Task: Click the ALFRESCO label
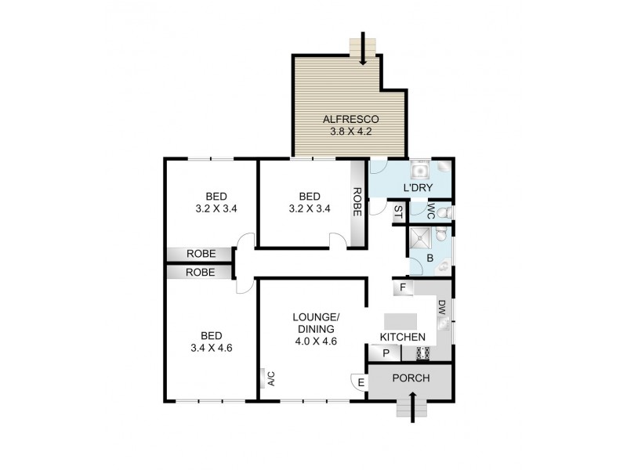tap(350, 119)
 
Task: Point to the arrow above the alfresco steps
tap(363, 43)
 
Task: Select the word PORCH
tap(411, 378)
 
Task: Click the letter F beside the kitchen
tap(403, 287)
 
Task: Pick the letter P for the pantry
tap(386, 353)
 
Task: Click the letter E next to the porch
tap(361, 382)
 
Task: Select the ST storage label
tap(398, 211)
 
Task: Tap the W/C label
tap(432, 211)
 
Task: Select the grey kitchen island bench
tap(401, 321)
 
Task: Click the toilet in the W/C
tap(444, 212)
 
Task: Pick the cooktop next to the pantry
tap(422, 353)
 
